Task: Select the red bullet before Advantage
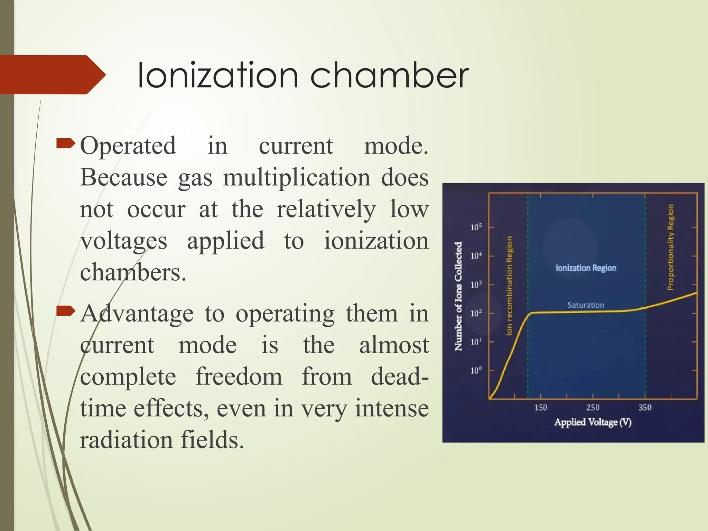point(66,311)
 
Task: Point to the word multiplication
point(296,178)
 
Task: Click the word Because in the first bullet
point(124,178)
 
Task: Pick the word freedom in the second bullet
point(239,377)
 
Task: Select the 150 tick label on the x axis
point(541,408)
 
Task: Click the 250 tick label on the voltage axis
point(593,408)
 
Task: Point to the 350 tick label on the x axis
point(645,408)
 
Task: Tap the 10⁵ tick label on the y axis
point(476,227)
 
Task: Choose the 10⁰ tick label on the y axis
point(476,371)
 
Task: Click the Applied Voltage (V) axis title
point(593,422)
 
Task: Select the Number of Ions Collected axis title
point(458,296)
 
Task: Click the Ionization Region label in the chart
point(586,268)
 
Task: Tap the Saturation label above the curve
point(586,305)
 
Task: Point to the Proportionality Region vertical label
point(670,247)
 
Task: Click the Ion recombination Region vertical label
point(509,286)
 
